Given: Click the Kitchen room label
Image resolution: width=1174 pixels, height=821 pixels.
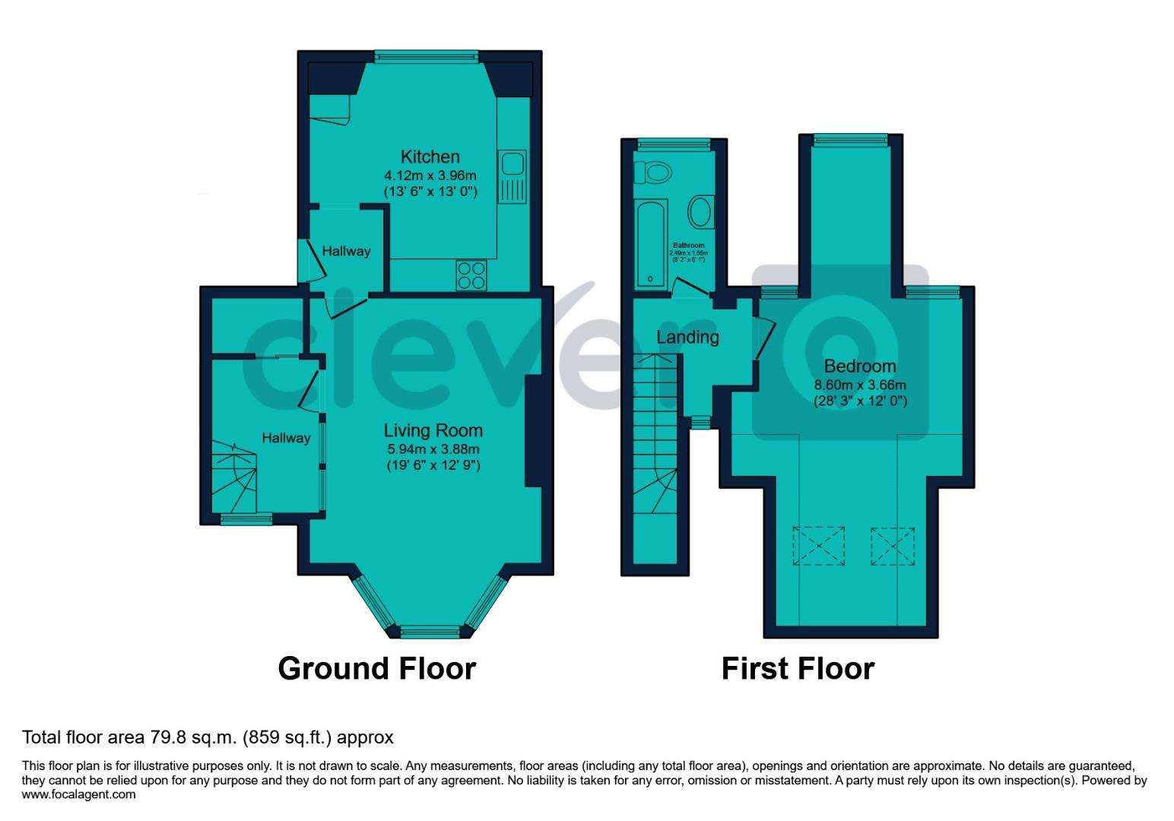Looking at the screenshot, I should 430,157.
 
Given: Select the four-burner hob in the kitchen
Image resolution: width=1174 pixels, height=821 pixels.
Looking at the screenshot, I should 471,274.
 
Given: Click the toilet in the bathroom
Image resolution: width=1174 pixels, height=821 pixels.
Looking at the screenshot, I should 655,173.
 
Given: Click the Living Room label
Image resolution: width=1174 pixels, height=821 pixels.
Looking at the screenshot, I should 433,430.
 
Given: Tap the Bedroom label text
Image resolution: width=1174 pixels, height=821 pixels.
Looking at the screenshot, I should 860,366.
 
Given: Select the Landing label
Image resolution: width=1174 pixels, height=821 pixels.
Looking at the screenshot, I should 687,337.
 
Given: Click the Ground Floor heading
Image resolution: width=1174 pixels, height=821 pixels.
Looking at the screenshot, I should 376,668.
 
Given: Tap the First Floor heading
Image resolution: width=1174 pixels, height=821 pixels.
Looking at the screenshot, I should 798,668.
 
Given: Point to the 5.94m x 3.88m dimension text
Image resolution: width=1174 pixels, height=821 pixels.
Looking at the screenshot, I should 433,449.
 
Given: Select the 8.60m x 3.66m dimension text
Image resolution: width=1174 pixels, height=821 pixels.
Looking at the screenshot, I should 860,385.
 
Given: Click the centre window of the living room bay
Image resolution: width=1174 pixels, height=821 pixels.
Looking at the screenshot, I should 430,631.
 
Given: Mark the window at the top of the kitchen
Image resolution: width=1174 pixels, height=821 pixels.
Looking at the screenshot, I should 427,55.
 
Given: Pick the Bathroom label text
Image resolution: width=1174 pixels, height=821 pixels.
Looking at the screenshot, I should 687,246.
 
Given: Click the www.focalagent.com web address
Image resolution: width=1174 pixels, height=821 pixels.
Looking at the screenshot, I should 79,794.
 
